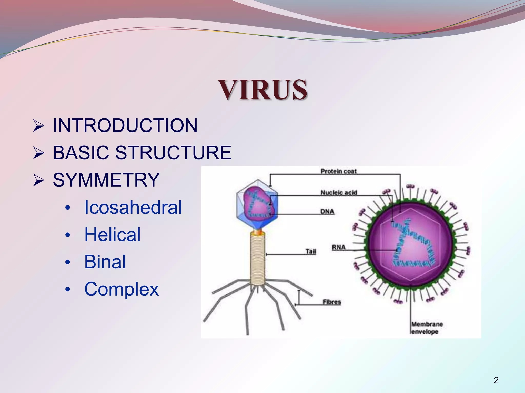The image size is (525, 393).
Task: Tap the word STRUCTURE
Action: click(173, 152)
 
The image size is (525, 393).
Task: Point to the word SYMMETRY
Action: click(106, 180)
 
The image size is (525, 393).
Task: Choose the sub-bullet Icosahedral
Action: click(133, 207)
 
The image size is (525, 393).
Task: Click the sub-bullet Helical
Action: click(112, 234)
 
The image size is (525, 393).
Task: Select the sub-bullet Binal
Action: click(105, 262)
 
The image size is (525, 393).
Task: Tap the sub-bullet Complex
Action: click(122, 289)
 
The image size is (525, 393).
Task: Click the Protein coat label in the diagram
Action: click(339, 171)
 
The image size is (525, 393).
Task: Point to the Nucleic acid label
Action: click(339, 192)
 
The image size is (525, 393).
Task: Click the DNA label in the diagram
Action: click(327, 212)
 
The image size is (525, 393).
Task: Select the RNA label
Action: click(339, 247)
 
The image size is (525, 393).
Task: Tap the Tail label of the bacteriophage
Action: click(311, 252)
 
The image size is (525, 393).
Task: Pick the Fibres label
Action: click(332, 302)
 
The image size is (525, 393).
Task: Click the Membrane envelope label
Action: click(427, 328)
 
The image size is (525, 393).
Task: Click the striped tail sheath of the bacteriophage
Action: click(258, 258)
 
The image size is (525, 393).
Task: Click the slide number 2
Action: click(496, 380)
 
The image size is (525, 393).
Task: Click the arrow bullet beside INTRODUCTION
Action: click(39, 126)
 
